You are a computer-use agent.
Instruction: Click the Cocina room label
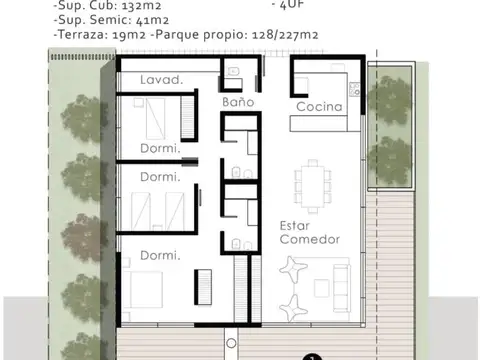coord(319,107)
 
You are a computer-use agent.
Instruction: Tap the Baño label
coord(237,102)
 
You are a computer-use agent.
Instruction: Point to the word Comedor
coord(309,240)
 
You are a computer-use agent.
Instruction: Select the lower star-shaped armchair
coord(296,304)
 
